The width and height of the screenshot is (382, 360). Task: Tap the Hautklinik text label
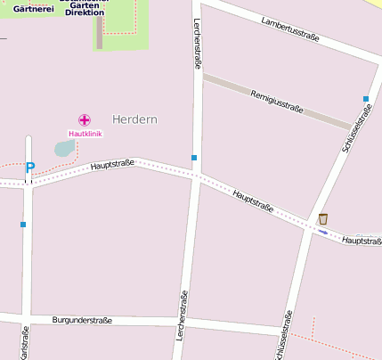[x=85, y=134]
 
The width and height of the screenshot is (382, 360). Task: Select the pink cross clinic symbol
[x=85, y=119]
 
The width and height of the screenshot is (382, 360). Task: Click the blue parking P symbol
[x=29, y=167]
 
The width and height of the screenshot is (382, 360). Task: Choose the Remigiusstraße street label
[x=277, y=102]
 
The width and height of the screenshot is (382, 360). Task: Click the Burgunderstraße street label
[x=82, y=319]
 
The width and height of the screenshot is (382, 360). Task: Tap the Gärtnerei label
[x=29, y=8]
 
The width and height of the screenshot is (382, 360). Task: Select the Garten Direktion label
[x=85, y=9]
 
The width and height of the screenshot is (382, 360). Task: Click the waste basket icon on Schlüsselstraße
[x=323, y=219]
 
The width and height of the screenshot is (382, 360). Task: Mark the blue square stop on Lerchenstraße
[x=194, y=158]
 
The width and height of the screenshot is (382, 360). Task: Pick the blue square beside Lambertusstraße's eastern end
[x=366, y=99]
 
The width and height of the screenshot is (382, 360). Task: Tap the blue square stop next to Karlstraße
[x=23, y=225]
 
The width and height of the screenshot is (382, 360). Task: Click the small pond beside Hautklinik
[x=65, y=148]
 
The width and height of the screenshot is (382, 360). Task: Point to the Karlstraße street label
[x=25, y=343]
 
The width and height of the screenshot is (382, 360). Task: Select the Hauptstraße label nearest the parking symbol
[x=112, y=163]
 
